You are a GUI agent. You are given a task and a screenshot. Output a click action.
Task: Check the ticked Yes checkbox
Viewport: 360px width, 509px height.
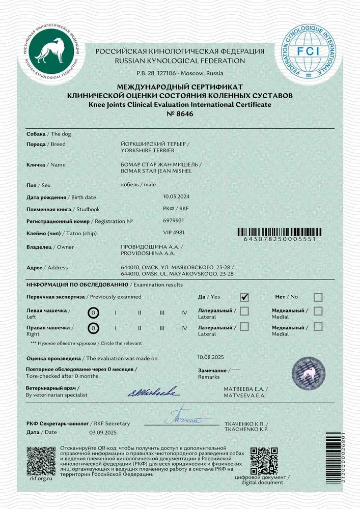244,297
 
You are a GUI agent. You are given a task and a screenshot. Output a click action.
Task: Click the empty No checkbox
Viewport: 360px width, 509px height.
318,297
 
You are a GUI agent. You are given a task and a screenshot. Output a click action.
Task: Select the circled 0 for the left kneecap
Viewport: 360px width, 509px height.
93,313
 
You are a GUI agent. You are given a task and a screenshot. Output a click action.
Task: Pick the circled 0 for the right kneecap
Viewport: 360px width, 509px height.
93,329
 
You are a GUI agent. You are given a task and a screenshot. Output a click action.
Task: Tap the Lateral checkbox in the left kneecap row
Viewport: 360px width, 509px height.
244,310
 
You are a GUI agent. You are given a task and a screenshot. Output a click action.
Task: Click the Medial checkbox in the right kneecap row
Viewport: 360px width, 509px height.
318,327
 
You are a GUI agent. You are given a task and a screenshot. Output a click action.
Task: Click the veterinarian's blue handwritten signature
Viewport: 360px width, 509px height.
152,391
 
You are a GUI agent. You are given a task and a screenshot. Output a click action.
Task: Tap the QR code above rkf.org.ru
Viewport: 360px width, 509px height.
41,460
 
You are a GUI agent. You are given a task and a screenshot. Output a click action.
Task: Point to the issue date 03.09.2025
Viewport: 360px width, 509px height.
103,432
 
